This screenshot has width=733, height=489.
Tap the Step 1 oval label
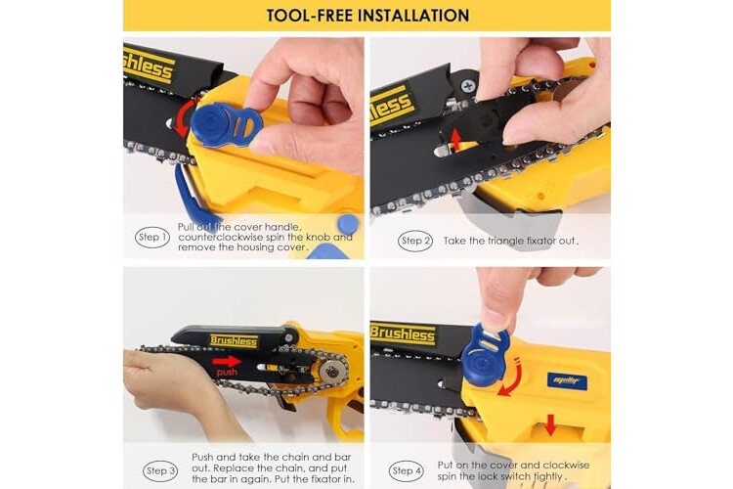(152, 238)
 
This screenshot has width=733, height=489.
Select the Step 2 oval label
(415, 241)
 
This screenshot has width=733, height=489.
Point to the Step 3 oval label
(160, 470)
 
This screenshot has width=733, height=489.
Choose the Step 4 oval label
(407, 470)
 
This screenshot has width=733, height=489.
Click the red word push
(227, 373)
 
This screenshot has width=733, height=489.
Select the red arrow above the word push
(227, 361)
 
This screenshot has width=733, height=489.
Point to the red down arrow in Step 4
(550, 424)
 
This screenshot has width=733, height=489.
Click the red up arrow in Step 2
(455, 139)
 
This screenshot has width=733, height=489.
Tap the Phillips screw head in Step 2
(467, 86)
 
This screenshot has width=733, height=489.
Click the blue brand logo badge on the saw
(567, 381)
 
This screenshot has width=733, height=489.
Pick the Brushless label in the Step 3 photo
(234, 341)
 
